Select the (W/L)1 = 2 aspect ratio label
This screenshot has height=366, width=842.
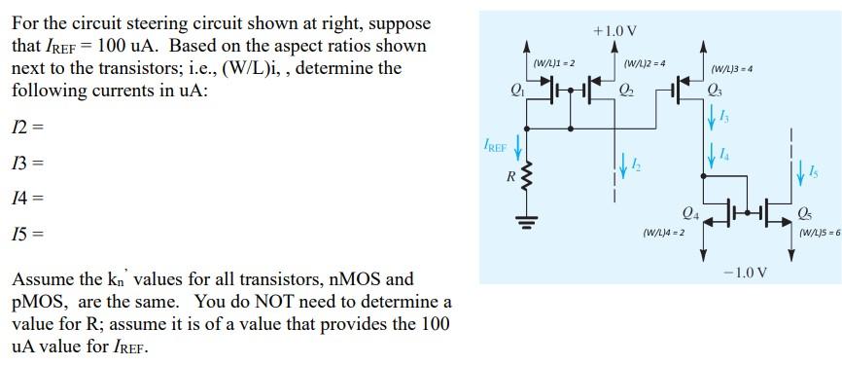554,63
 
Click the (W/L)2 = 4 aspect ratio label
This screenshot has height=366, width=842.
645,63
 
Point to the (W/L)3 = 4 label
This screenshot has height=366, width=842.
732,69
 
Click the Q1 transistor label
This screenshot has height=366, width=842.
516,91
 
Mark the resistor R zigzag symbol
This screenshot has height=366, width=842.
528,178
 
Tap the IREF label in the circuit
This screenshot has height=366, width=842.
495,148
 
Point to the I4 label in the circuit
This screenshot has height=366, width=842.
724,153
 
